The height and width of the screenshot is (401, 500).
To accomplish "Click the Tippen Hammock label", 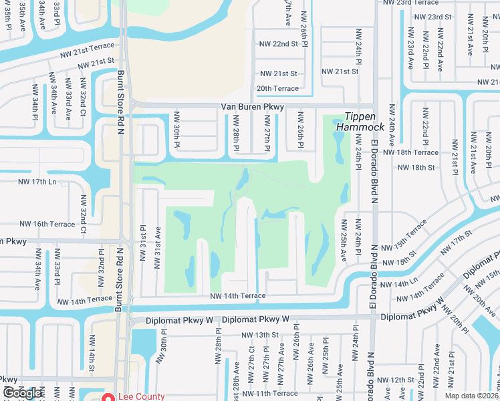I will [x=360, y=121].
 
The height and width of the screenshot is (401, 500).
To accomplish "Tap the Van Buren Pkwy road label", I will [x=253, y=107].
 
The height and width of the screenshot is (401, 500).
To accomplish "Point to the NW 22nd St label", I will [x=278, y=43].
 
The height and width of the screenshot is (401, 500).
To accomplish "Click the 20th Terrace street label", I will [x=277, y=88].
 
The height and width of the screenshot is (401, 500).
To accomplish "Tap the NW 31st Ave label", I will [x=158, y=247].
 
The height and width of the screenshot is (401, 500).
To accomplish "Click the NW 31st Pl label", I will [x=143, y=237].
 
